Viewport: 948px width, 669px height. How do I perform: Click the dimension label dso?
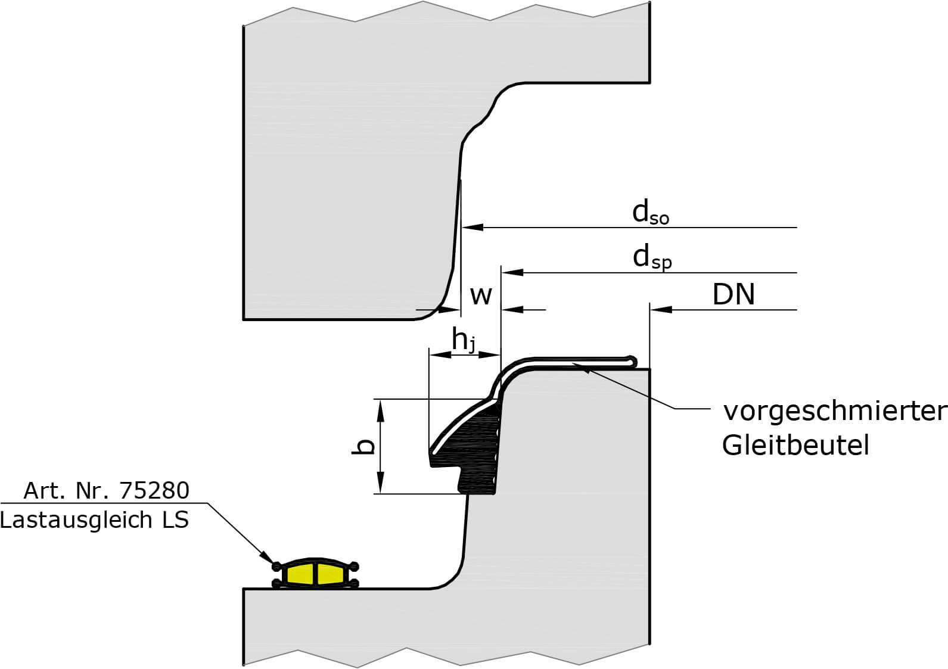(x=650, y=213)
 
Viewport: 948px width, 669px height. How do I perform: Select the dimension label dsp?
(x=652, y=257)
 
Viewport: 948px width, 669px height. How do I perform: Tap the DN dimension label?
(x=733, y=294)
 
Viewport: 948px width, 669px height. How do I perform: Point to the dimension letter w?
(x=481, y=295)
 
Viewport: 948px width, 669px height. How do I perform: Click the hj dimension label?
(x=464, y=341)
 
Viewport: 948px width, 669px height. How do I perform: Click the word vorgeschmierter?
(x=834, y=411)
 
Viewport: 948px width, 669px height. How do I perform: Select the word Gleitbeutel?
(x=795, y=445)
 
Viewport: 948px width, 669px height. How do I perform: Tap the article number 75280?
(x=154, y=490)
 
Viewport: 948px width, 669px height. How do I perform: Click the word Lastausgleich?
(x=76, y=520)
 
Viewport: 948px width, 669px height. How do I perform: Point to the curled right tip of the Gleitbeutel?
(x=632, y=360)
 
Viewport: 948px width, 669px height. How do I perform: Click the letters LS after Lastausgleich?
(x=175, y=520)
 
